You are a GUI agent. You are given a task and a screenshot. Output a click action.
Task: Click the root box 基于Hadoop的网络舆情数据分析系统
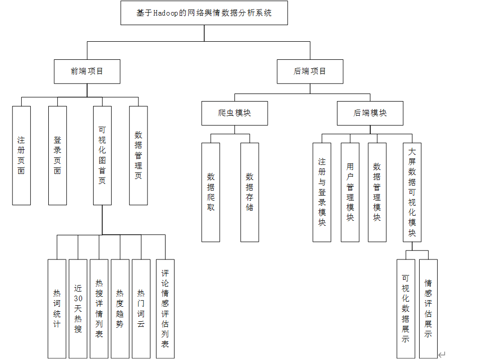point(204,13)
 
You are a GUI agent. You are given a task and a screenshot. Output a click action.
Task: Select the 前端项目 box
point(87,71)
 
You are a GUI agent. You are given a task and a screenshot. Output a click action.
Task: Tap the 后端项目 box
point(310,71)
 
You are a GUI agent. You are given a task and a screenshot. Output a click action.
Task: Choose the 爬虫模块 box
point(234,113)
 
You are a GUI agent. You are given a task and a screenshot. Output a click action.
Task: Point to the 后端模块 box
point(370,113)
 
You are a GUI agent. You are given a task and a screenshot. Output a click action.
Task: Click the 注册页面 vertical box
point(21,155)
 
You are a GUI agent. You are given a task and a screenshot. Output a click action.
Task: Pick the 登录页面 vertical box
point(57,155)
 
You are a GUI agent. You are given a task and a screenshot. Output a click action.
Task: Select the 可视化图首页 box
point(102,155)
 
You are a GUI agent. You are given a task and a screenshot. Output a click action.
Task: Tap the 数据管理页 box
point(138,155)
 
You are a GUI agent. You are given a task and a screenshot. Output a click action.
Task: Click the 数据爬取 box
point(211,192)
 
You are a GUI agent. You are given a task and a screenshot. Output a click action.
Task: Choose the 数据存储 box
point(250,192)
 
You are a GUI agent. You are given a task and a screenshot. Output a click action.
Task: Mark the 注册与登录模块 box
point(322,192)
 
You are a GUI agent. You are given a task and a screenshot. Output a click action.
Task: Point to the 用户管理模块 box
point(350,192)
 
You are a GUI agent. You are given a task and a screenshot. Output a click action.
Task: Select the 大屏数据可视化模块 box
point(412,192)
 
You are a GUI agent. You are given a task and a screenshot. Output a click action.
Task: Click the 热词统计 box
point(57,309)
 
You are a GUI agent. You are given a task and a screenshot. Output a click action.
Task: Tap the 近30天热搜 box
point(78,309)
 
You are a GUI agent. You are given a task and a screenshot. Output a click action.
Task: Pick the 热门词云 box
point(141,309)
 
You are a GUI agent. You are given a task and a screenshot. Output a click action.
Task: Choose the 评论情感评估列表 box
point(165,309)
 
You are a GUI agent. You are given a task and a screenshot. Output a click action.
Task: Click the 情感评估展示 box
point(428,309)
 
